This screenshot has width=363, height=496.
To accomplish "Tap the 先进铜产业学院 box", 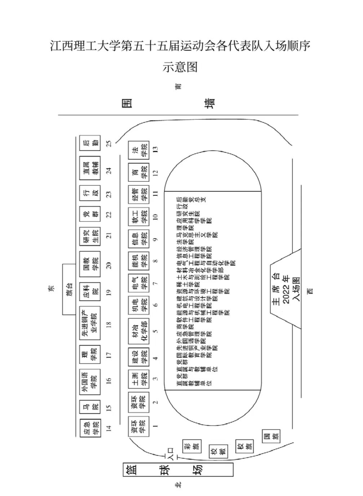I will [90, 324].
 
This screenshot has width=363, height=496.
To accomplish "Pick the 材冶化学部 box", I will [139, 330].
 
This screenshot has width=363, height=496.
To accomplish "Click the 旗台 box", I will [70, 289].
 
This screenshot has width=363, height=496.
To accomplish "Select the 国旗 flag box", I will [271, 436].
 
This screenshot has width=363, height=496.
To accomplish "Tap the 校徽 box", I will [218, 451].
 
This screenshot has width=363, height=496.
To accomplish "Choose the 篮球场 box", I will [178, 469].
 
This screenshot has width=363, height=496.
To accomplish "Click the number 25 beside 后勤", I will [109, 143].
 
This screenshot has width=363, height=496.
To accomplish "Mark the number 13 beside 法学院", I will [156, 149].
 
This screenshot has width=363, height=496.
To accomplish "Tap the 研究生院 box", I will [90, 236].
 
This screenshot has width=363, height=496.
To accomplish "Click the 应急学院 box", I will [90, 427].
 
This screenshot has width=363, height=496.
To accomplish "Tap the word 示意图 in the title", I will [180, 67].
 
